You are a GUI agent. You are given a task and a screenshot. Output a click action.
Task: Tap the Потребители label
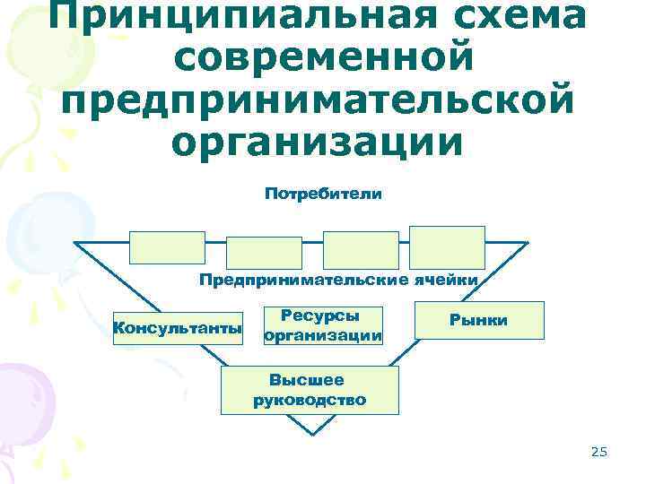pos(323,194)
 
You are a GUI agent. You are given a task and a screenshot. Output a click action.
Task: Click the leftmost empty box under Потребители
pos(167,246)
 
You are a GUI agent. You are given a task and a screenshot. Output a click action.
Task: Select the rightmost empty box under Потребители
pos(447,246)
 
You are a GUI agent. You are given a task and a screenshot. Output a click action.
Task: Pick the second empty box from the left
pos(264,252)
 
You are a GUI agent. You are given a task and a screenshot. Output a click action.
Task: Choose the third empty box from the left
pos(361,250)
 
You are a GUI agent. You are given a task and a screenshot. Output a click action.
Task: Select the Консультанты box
pos(178,327)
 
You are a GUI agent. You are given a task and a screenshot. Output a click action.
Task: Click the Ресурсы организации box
pos(322,325)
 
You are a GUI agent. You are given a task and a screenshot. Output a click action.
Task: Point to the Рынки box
pos(479,320)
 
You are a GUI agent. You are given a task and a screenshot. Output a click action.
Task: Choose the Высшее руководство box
pos(310,390)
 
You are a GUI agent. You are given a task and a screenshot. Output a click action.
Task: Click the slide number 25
pos(599,453)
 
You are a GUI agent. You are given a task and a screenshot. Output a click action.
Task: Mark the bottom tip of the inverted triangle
pos(310,435)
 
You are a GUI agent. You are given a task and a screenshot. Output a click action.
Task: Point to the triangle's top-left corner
pos(75,244)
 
